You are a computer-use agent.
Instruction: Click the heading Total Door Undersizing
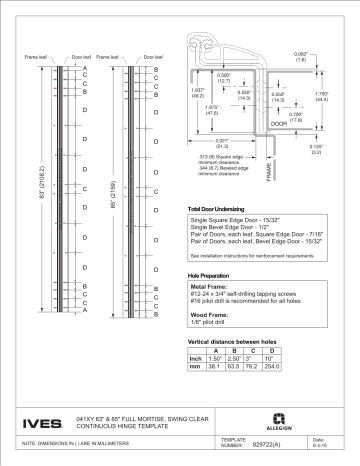pos(224,209)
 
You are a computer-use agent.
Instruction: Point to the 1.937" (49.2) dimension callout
pos(198,95)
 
